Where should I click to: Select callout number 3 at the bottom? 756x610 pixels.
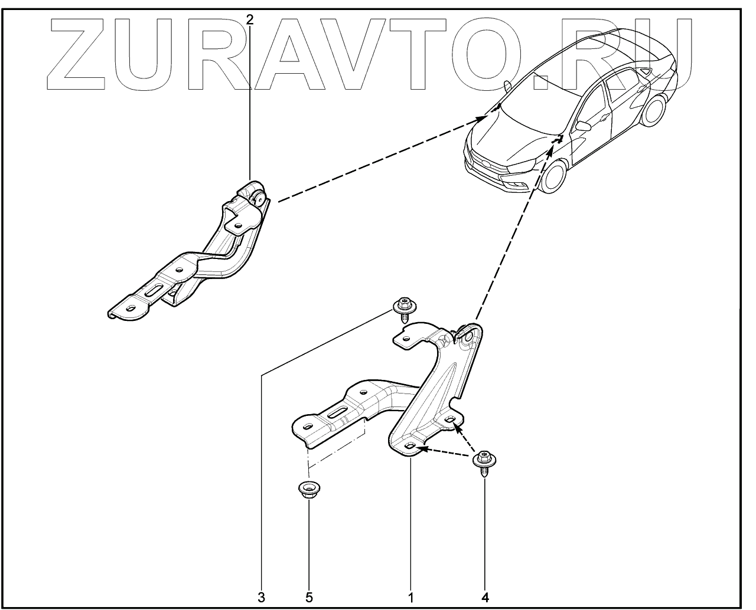pos(261,596)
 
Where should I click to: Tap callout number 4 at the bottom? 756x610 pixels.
pos(485,596)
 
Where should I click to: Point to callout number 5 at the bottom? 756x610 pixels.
pos(309,596)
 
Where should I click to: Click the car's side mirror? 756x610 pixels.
pos(584,126)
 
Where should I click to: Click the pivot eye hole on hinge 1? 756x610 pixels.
pos(469,336)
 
